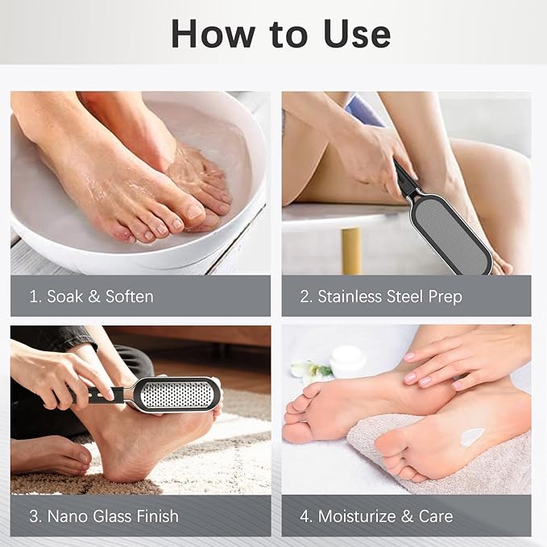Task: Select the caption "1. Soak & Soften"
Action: (x=91, y=296)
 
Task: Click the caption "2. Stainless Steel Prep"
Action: (x=381, y=296)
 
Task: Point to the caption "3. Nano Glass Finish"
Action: (x=103, y=516)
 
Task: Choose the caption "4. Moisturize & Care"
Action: (x=376, y=516)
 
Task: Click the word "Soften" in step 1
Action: (x=128, y=296)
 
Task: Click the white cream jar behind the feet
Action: (x=348, y=360)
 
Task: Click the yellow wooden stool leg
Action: (x=351, y=251)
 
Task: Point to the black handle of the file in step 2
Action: (x=406, y=181)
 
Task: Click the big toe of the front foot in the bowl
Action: (x=193, y=213)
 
